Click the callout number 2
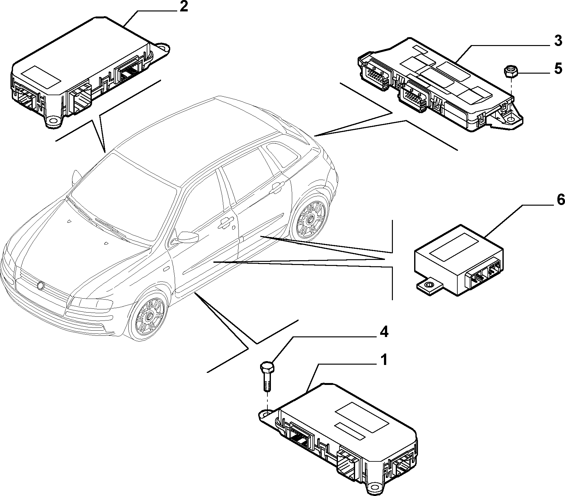184,7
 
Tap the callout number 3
558,42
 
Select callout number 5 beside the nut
558,69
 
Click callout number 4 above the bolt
384,332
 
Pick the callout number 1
384,360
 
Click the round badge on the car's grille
40,285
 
